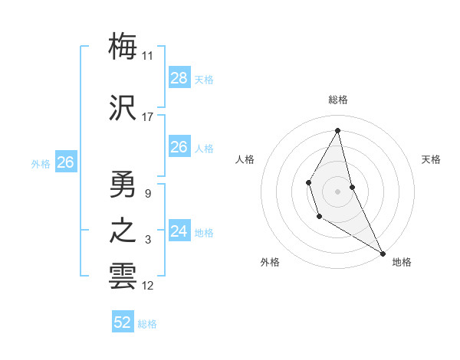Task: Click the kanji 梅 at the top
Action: [123, 46]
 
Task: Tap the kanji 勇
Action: [123, 184]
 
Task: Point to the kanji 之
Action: [123, 231]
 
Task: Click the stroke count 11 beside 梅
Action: [148, 56]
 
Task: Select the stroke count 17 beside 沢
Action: [148, 118]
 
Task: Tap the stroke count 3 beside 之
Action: [148, 241]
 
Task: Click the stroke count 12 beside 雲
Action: [148, 286]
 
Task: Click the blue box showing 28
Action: [179, 78]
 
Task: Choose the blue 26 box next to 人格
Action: [179, 147]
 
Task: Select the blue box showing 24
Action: [179, 231]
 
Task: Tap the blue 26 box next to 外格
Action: [66, 162]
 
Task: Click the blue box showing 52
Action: [123, 322]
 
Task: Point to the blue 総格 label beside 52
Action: [147, 324]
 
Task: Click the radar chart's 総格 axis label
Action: [337, 100]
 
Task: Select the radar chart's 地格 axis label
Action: [402, 262]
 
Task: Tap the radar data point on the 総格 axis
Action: [337, 130]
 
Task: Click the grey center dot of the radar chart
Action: [337, 190]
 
